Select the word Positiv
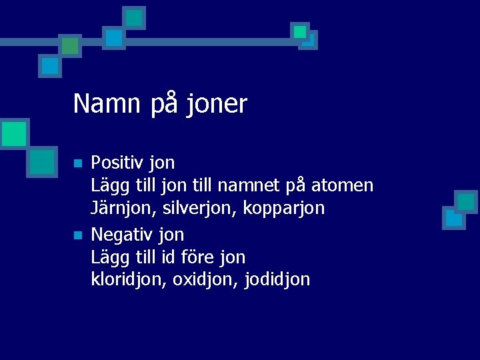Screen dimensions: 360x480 [117, 163]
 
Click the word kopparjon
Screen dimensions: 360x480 [284, 209]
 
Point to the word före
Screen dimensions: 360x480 [195, 257]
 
